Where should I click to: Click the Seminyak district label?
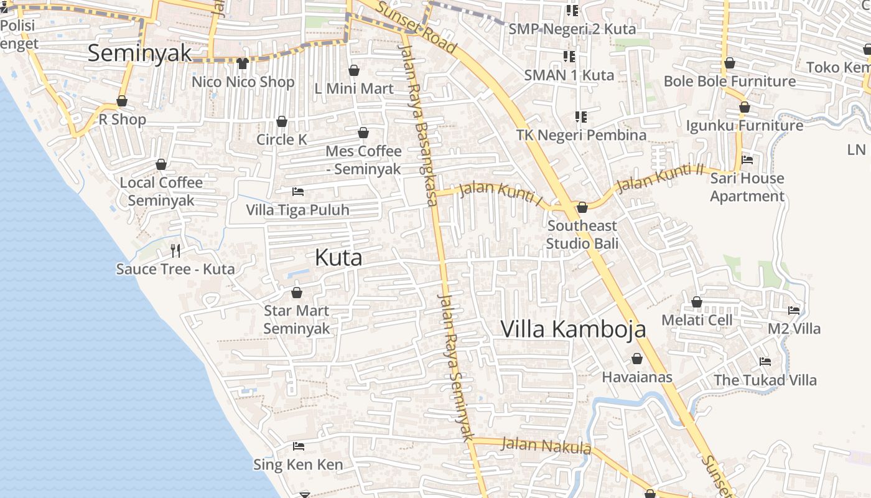[x=139, y=53]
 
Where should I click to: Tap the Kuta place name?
[x=338, y=257]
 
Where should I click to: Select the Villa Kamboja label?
[x=573, y=329]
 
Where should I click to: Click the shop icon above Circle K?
[x=282, y=121]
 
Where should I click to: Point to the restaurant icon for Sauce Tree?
[x=175, y=251]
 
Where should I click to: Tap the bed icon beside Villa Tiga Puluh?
[x=298, y=192]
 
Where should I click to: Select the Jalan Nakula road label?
[x=546, y=446]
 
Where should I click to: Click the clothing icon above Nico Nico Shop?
[x=243, y=63]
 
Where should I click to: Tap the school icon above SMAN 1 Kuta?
[x=569, y=57]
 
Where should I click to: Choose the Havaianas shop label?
[x=637, y=377]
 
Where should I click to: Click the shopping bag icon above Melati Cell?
[x=697, y=302]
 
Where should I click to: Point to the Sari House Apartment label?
[x=747, y=187]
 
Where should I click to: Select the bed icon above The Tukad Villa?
[x=765, y=362]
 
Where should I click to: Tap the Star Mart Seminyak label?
[x=296, y=319]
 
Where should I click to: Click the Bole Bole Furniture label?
[x=729, y=82]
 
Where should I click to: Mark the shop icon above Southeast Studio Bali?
[x=582, y=207]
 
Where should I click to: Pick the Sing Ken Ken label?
[x=298, y=464]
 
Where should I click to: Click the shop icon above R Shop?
[x=122, y=101]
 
